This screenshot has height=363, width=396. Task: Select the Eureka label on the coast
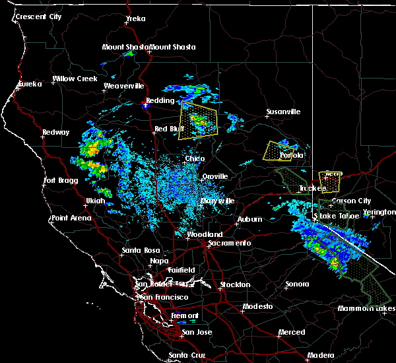point(30,84)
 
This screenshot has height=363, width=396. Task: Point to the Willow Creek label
point(75,79)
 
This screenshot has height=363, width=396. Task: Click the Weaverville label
point(123,86)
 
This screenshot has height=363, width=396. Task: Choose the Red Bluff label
point(168,129)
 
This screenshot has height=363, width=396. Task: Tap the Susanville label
point(283,112)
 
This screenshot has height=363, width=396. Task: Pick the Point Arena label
point(72,218)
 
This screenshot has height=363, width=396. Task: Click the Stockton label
point(236,284)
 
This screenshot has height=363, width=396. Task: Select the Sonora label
point(297,284)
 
